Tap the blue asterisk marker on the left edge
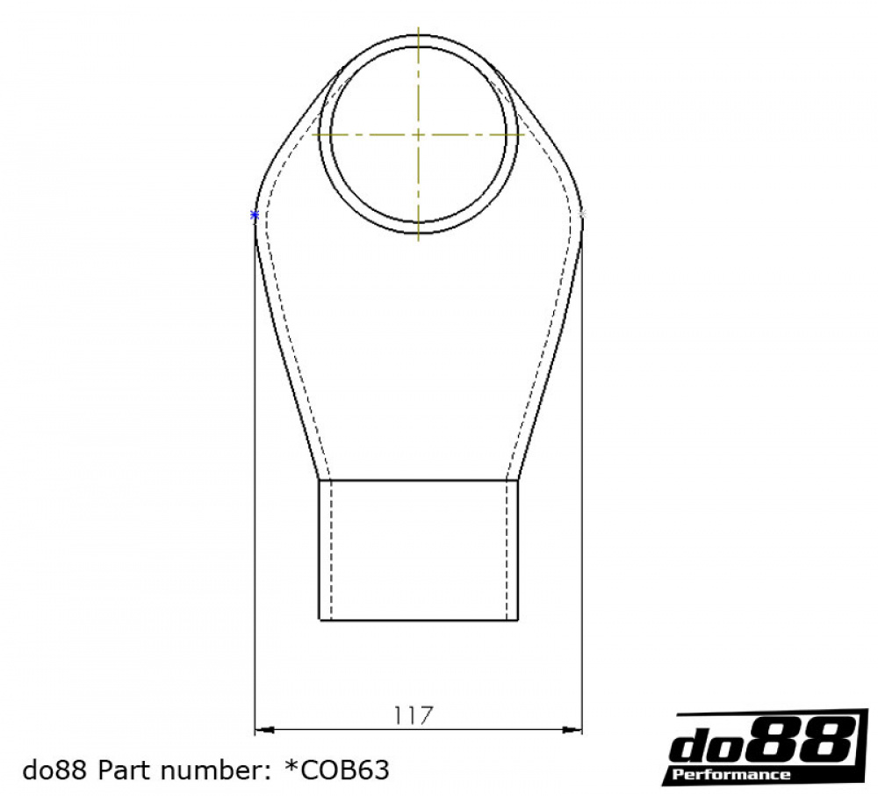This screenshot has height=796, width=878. [255, 215]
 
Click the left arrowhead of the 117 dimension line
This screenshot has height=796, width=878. [261, 729]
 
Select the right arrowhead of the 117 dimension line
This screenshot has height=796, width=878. [577, 729]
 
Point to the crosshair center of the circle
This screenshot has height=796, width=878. [418, 134]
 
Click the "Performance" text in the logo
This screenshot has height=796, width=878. [730, 775]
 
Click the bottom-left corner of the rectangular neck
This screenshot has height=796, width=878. [319, 620]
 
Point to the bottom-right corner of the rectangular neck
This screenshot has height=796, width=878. [518, 620]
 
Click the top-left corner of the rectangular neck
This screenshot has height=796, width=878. [319, 481]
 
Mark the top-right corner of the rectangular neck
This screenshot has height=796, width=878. [518, 481]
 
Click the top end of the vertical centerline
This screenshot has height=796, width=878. [418, 29]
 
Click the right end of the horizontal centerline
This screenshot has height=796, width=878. [524, 134]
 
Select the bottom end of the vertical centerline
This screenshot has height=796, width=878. [418, 239]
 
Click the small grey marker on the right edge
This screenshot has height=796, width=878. [583, 213]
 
